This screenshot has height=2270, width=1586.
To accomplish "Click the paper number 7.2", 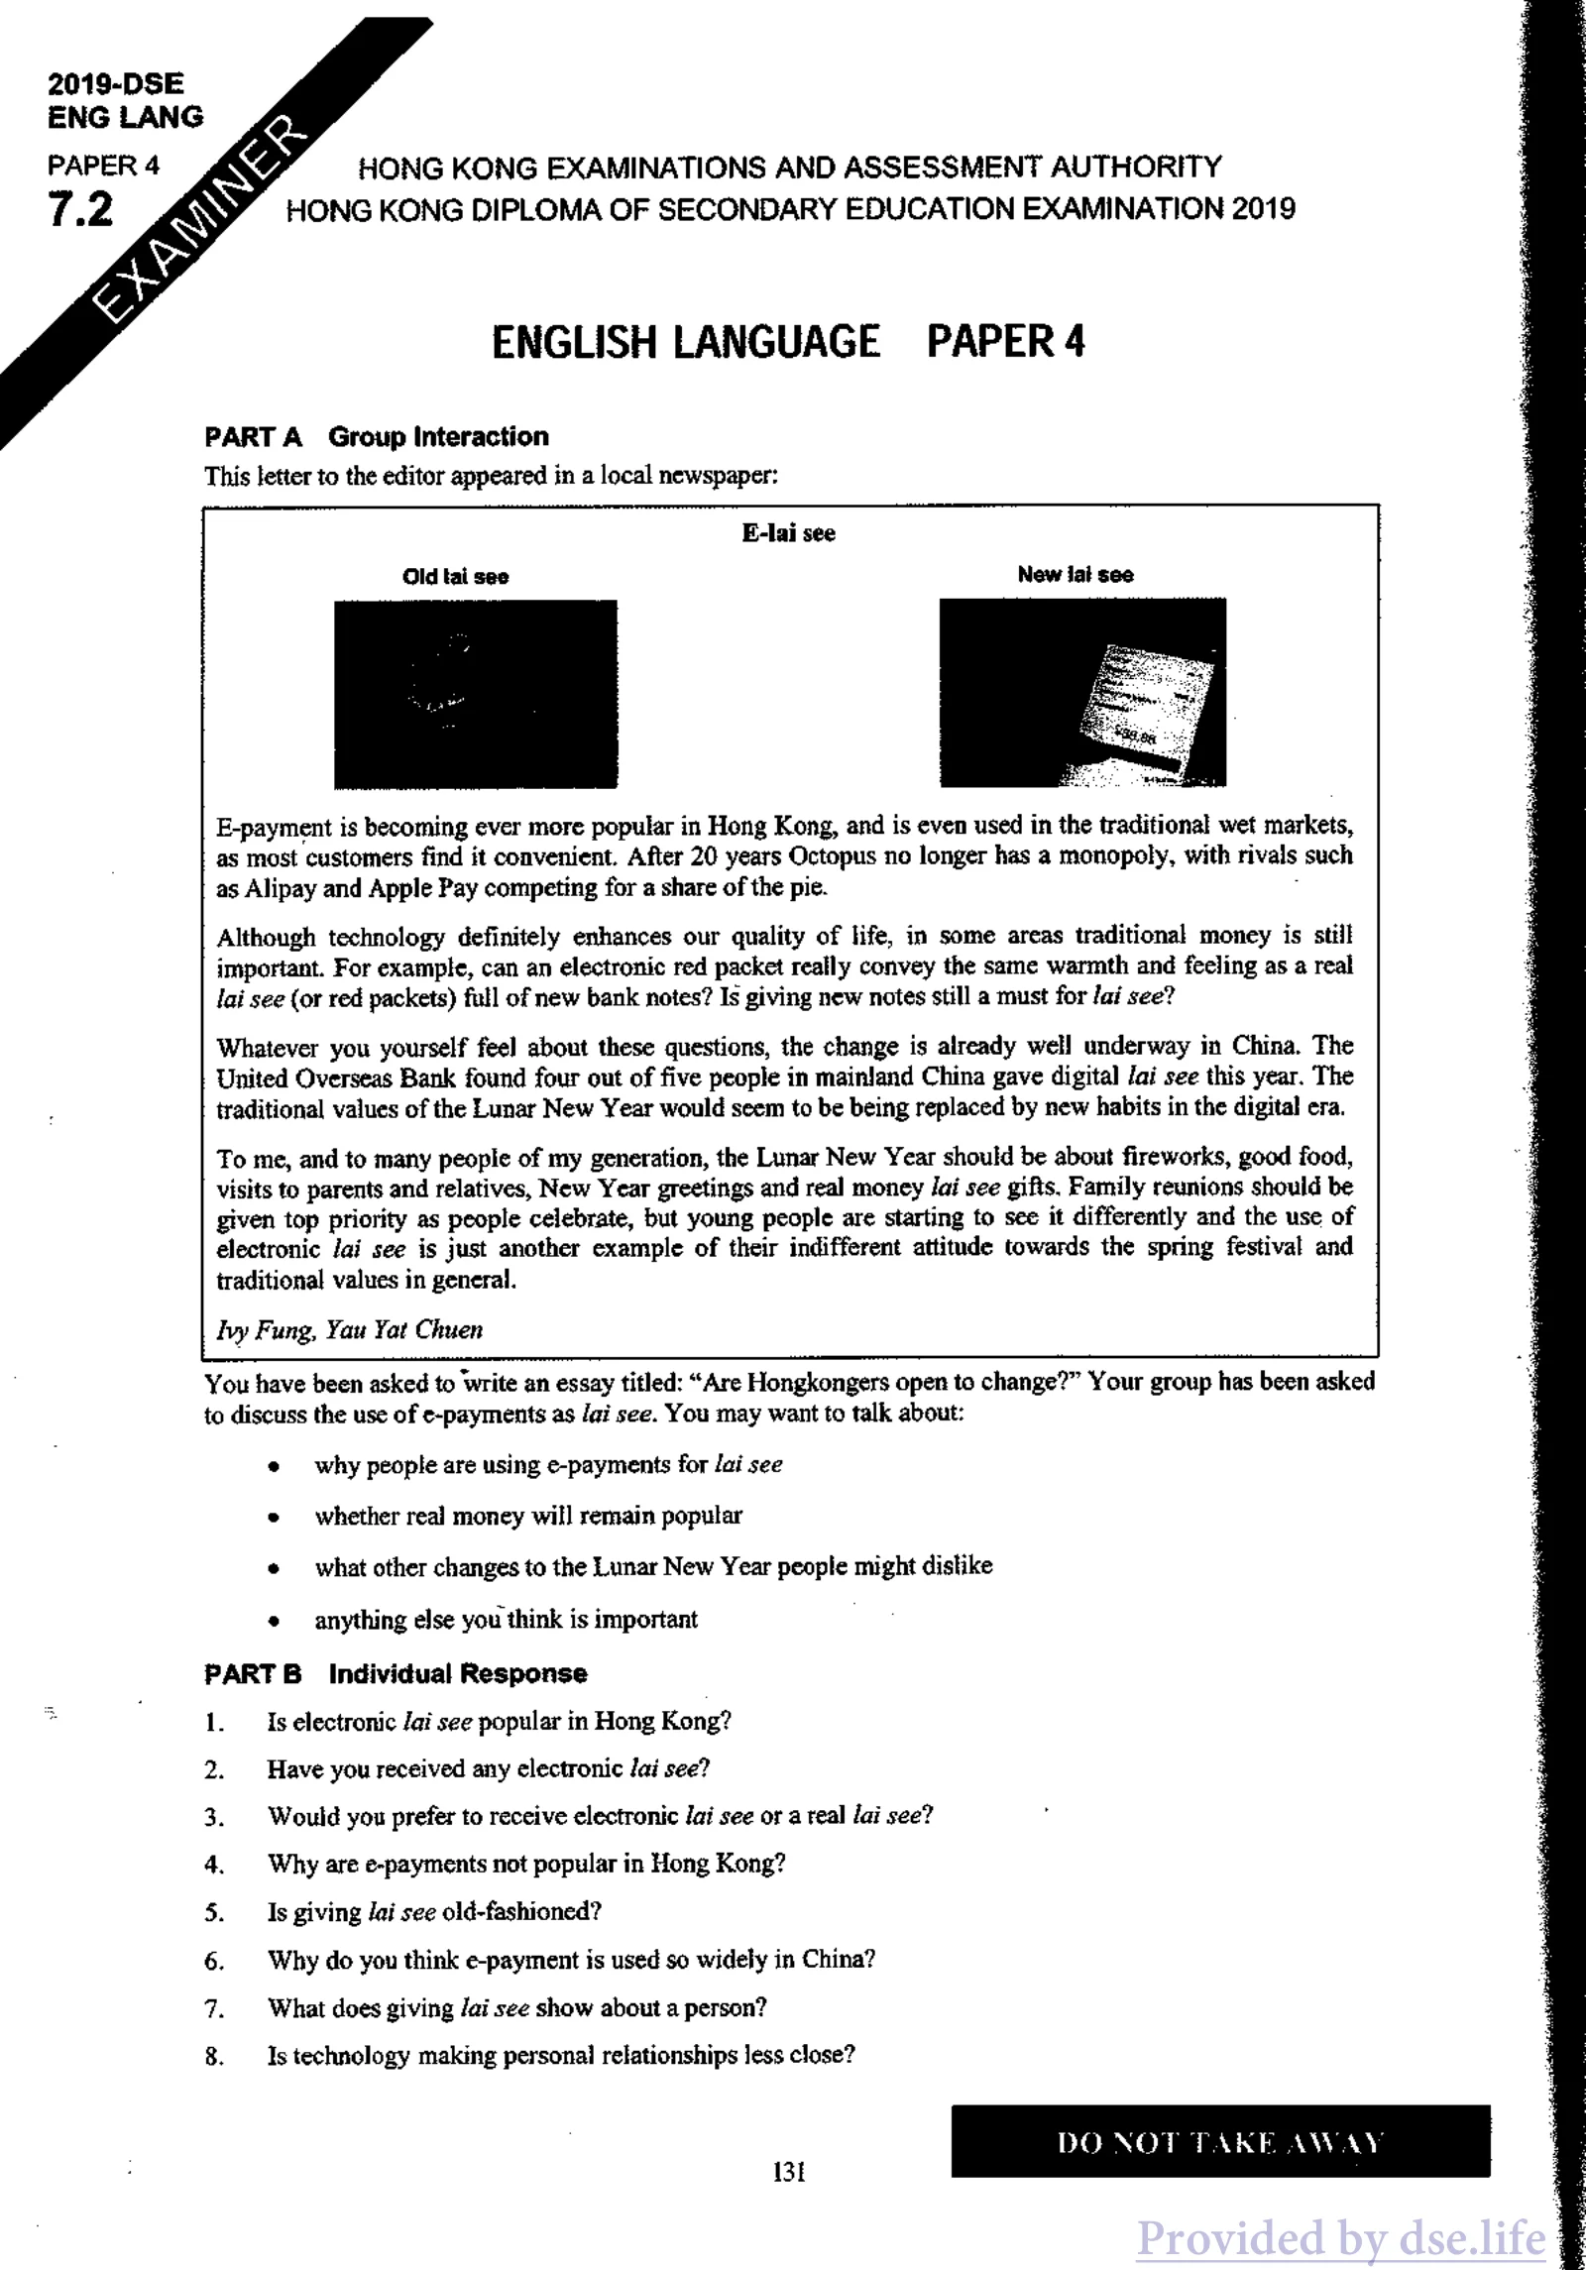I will [80, 210].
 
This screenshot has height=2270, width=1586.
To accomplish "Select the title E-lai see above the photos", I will [788, 533].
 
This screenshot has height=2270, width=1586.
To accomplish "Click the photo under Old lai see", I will [475, 693].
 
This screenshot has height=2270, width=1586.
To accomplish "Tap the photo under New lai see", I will [1082, 692].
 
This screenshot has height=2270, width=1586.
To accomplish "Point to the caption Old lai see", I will [455, 577].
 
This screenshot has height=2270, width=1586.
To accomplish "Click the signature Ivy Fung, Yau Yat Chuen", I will [349, 1329].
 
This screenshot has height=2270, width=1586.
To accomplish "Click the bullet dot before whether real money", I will [272, 1517].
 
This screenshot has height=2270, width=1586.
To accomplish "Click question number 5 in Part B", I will [214, 1912].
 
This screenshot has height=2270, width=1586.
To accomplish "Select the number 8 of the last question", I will [214, 2056].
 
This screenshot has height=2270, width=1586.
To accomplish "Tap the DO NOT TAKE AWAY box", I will [1219, 2143].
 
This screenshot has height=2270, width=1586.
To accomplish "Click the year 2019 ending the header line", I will [1263, 209].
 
